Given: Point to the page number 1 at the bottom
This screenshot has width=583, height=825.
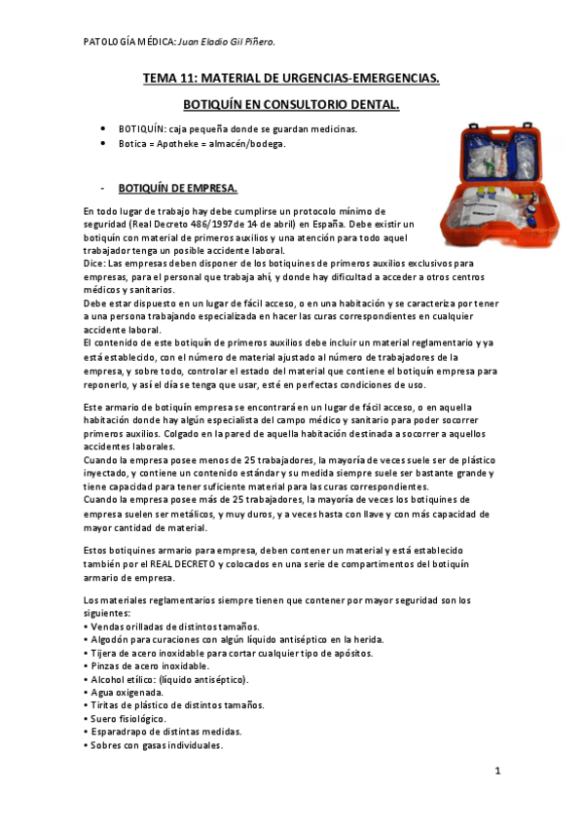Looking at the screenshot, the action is coord(496,771).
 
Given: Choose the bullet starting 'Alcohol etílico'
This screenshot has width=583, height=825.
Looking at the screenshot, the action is coord(168,679).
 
